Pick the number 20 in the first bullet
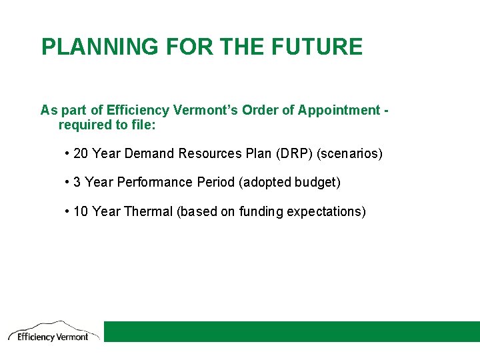81,153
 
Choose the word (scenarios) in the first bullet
350,153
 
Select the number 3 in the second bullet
77,182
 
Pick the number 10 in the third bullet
81,211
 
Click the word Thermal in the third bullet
148,211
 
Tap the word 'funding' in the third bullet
261,211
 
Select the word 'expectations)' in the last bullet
327,211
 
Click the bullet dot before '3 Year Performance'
68,182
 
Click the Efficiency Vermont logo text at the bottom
53,337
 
